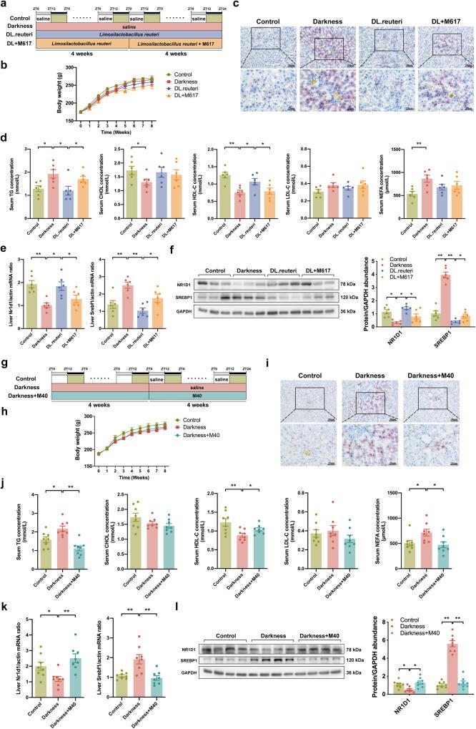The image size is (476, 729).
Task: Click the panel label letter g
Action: [x=6, y=369]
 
